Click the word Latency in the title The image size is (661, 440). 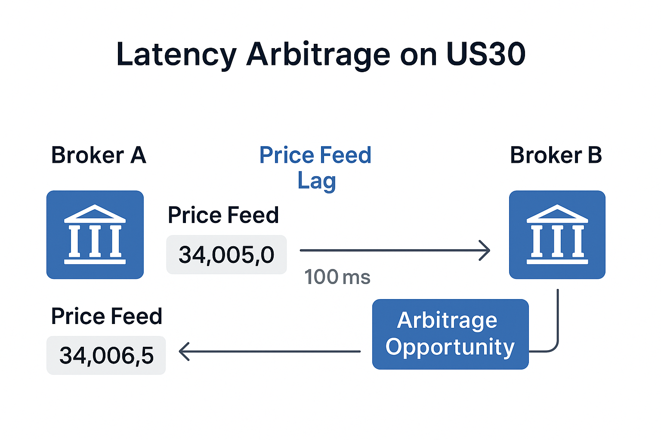click(x=176, y=55)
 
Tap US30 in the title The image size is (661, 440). click(x=486, y=54)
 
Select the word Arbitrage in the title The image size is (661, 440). click(x=318, y=55)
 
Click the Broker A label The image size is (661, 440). click(x=99, y=155)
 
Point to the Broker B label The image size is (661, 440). click(x=556, y=155)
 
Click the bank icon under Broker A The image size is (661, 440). click(x=95, y=235)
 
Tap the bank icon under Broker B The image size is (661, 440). click(x=557, y=235)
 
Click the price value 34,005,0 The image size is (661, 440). click(x=226, y=255)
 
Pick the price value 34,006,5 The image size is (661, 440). click(x=106, y=355)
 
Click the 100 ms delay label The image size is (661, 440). click(x=337, y=277)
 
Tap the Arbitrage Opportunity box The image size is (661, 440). click(x=450, y=334)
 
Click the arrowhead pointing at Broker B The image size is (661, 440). click(x=485, y=251)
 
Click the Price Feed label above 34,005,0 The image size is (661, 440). click(x=223, y=215)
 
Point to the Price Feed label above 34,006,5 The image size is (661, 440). click(x=107, y=316)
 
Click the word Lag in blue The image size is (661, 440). click(x=317, y=181)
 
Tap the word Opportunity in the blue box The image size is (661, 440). click(x=450, y=347)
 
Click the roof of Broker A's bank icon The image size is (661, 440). click(x=95, y=214)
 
